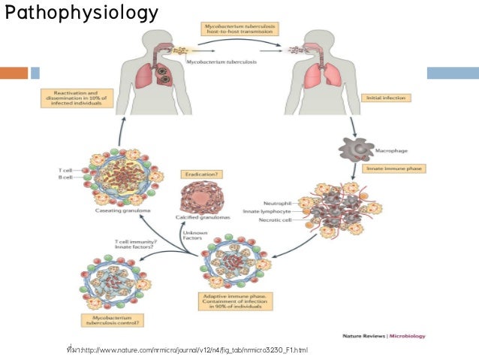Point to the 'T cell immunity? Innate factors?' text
[x=134, y=244]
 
